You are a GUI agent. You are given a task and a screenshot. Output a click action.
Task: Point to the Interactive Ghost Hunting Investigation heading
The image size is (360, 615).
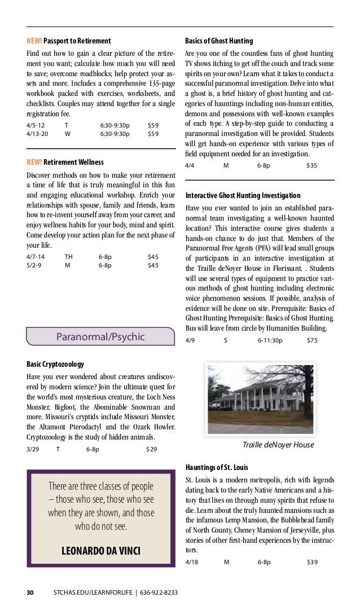(x=243, y=195)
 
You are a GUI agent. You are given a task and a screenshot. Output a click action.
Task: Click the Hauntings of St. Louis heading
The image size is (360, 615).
(x=217, y=468)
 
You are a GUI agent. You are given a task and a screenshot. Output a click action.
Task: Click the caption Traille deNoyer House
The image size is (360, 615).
(x=278, y=445)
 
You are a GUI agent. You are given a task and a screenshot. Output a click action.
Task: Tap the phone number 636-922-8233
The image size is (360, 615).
(x=156, y=592)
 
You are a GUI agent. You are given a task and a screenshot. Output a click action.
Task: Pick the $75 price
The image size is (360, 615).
(x=311, y=341)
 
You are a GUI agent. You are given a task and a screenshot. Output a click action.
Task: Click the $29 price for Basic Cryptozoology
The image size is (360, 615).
(x=151, y=449)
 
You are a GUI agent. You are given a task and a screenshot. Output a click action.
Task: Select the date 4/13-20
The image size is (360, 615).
(x=37, y=134)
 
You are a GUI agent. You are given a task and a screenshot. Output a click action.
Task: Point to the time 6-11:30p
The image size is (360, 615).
(x=270, y=341)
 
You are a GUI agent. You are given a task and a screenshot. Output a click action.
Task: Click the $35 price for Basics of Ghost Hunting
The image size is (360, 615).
(x=311, y=165)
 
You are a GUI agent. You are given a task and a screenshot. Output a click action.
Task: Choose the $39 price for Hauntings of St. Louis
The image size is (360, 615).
(x=311, y=562)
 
